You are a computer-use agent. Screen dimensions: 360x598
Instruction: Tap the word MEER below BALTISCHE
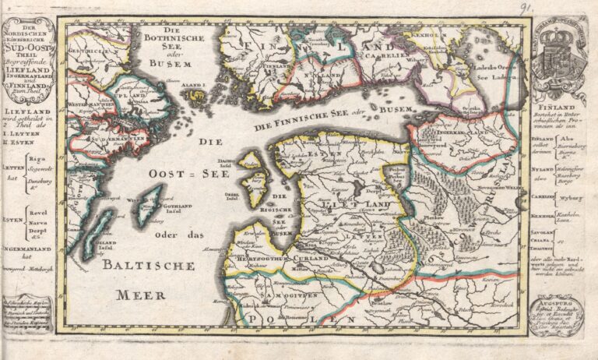(x=141, y=295)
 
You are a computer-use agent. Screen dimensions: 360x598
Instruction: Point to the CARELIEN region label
(x=389, y=56)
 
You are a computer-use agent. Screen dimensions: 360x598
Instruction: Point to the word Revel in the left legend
(x=36, y=211)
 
